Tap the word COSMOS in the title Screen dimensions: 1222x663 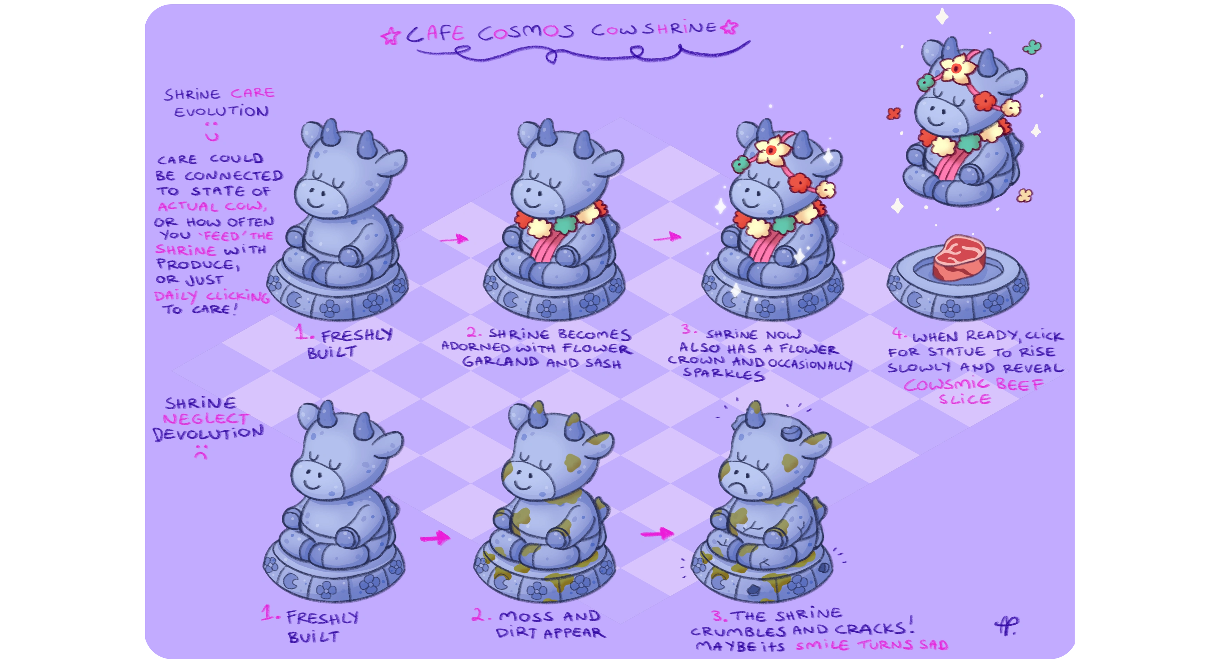point(526,32)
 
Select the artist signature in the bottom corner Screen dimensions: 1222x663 point(1006,626)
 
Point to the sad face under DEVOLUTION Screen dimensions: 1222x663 point(201,452)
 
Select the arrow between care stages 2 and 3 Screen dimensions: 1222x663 point(667,237)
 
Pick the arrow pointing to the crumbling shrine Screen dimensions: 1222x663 point(657,533)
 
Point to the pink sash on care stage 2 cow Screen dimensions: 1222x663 point(546,244)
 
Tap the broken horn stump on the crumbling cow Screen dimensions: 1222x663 point(790,432)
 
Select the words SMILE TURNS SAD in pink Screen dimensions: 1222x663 point(872,645)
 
